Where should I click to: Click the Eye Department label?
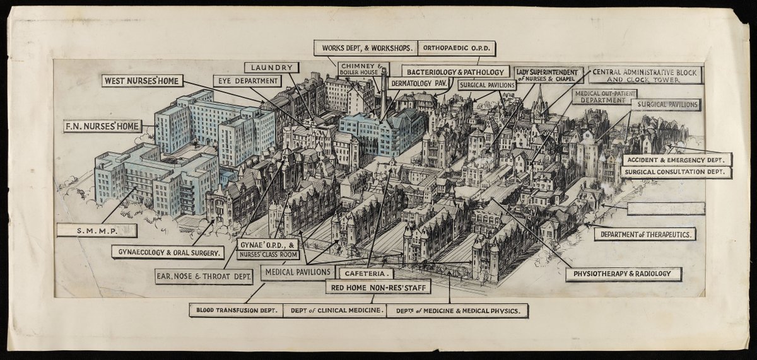pyautogui.click(x=248, y=81)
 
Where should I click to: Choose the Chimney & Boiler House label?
pyautogui.click(x=363, y=69)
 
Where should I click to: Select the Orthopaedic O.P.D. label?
pyautogui.click(x=457, y=47)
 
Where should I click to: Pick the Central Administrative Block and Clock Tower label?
pyautogui.click(x=644, y=76)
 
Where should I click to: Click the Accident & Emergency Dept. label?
pyautogui.click(x=678, y=160)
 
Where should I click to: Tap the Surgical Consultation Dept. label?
pyautogui.click(x=674, y=171)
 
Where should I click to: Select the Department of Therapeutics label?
pyautogui.click(x=644, y=234)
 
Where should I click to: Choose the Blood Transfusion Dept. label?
pyautogui.click(x=235, y=311)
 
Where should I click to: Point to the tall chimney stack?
pyautogui.click(x=383, y=95)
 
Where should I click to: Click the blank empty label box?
pyautogui.click(x=666, y=209)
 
